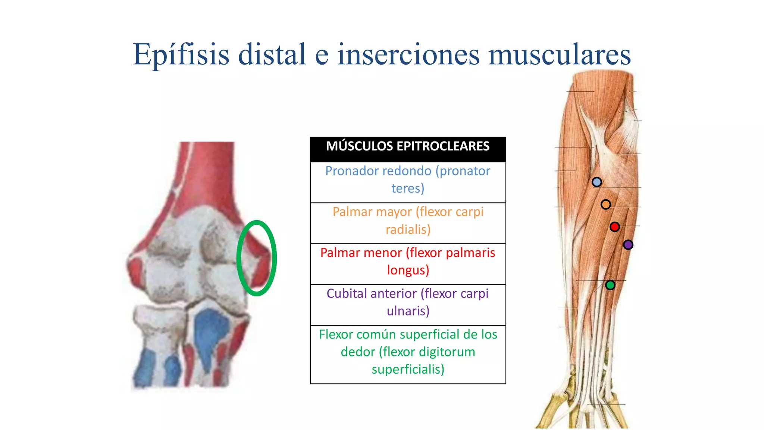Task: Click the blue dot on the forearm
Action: click(x=597, y=182)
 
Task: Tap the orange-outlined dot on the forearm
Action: click(x=606, y=205)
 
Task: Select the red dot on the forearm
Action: click(x=615, y=227)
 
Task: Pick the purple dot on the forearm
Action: click(x=628, y=245)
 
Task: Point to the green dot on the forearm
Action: click(x=610, y=285)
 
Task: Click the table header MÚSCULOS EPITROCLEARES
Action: click(x=408, y=146)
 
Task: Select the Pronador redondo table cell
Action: click(x=408, y=180)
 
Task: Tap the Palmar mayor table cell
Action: click(x=408, y=221)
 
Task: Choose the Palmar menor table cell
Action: click(x=408, y=261)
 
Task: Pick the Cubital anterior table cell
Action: click(x=408, y=302)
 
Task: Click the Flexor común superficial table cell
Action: click(x=408, y=352)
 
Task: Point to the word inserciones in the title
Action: click(x=408, y=54)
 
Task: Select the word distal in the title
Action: click(x=272, y=54)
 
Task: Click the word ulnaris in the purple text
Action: click(x=408, y=311)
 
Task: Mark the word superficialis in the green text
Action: click(x=408, y=370)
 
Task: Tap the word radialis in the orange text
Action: click(x=408, y=230)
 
